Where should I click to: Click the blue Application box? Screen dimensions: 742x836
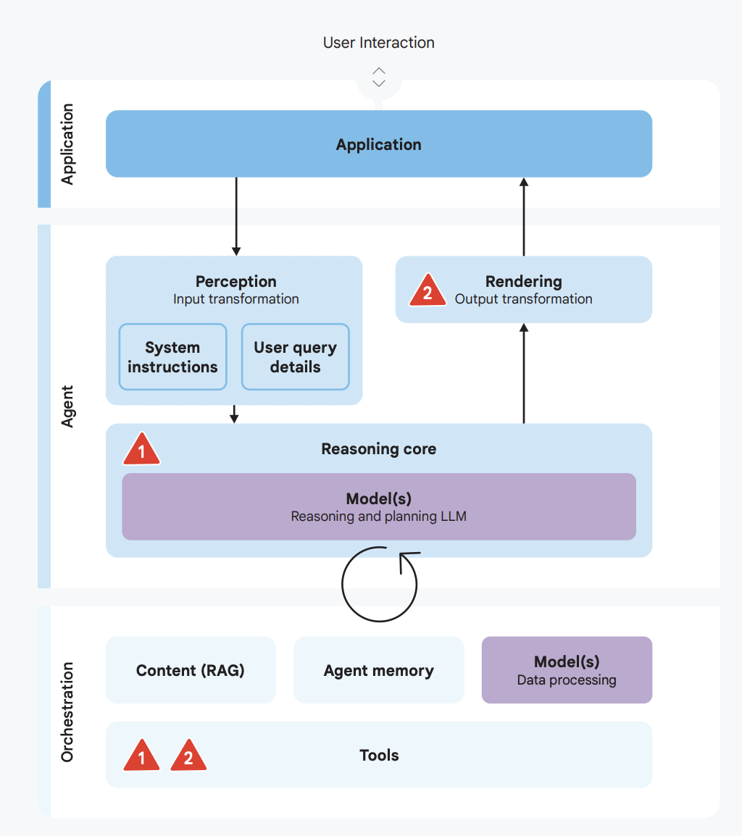379,143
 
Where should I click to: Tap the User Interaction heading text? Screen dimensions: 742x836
379,43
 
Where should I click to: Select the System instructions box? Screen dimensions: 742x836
173,356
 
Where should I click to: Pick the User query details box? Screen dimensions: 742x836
296,356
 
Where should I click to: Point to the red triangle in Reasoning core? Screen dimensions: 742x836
141,450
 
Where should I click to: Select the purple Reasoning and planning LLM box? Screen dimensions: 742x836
379,506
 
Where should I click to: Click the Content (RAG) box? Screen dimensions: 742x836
191,669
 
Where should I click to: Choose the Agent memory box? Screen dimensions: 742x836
379,669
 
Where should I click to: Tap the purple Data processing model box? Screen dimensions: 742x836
567,669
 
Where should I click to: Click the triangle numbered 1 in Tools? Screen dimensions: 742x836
141,756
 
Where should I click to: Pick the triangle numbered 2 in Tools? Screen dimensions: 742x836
188,756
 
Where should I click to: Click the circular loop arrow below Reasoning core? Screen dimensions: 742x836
342,584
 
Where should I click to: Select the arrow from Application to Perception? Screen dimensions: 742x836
236,217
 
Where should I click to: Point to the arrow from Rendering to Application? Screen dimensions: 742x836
524,217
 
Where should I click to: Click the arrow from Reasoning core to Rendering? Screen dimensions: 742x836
524,373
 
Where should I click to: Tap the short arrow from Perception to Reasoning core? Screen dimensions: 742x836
233,414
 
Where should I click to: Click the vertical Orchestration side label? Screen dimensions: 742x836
67,712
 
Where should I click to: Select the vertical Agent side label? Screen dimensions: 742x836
67,406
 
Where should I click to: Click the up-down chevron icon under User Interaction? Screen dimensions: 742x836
379,78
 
